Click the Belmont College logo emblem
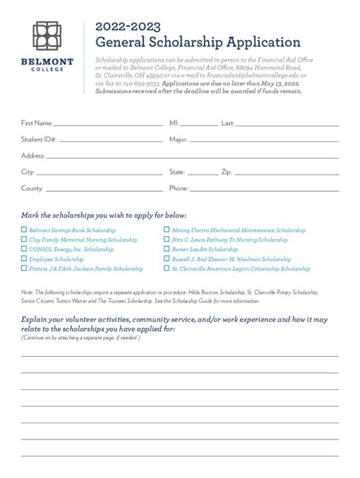[51, 37]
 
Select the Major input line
[265, 141]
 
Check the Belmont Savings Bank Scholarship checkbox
[24, 229]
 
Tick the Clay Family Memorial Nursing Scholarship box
[24, 239]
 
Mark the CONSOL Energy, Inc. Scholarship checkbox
[24, 249]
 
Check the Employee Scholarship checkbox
[24, 259]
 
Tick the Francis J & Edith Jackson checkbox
[24, 269]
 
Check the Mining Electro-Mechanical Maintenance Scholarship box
[166, 229]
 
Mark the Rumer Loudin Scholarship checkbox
[166, 249]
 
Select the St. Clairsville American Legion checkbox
[166, 269]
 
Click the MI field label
[173, 122]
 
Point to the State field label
[177, 172]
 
